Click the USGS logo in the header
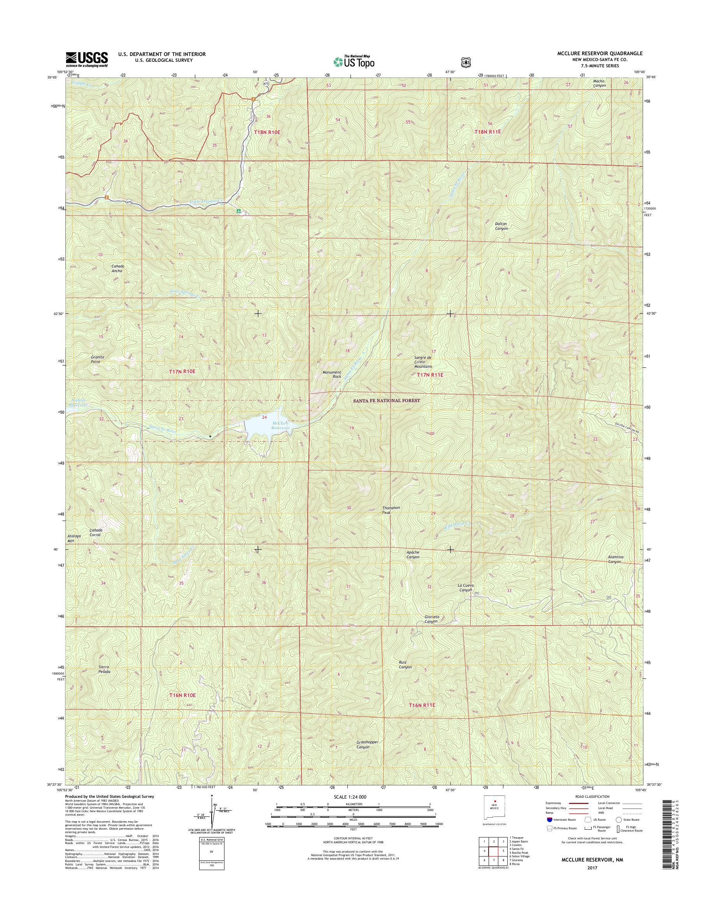point(87,59)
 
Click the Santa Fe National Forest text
point(386,401)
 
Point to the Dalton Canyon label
point(501,226)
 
